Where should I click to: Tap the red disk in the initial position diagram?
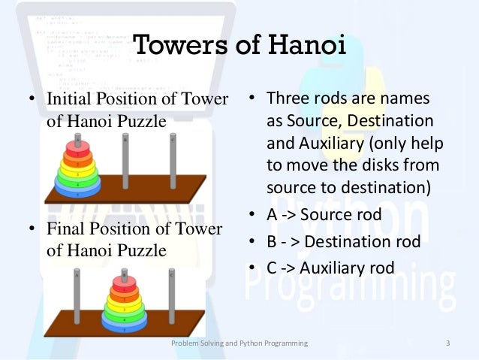click(x=77, y=144)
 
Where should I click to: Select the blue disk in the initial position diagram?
click(x=77, y=191)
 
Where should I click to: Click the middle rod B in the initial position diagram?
click(x=125, y=162)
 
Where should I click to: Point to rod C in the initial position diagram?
click(x=173, y=162)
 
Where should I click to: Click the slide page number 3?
click(x=447, y=343)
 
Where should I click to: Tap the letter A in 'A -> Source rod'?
click(x=272, y=216)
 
